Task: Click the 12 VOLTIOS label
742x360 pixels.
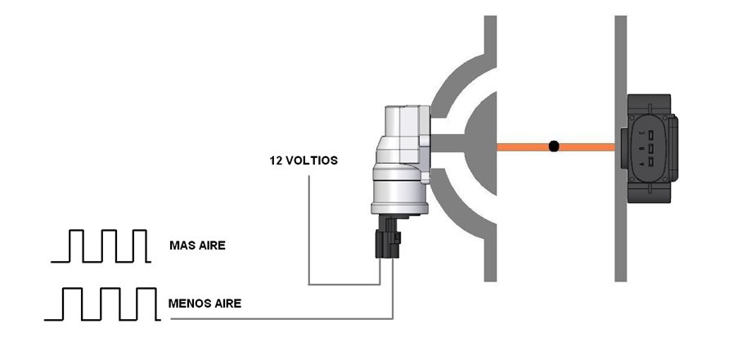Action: click(304, 160)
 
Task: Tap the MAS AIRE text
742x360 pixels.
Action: click(197, 245)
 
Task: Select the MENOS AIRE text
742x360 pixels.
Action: click(205, 304)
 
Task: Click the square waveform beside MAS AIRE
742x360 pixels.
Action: click(101, 246)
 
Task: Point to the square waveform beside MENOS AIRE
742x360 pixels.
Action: click(102, 304)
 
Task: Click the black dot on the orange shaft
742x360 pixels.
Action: click(554, 146)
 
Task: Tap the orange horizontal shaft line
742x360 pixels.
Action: click(555, 147)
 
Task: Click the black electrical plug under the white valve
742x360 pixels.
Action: click(388, 237)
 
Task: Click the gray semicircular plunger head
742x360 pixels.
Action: click(481, 143)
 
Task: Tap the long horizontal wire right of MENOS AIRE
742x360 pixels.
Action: click(282, 319)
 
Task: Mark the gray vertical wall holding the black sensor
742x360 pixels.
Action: click(620, 149)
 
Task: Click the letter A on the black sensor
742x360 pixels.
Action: click(641, 163)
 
